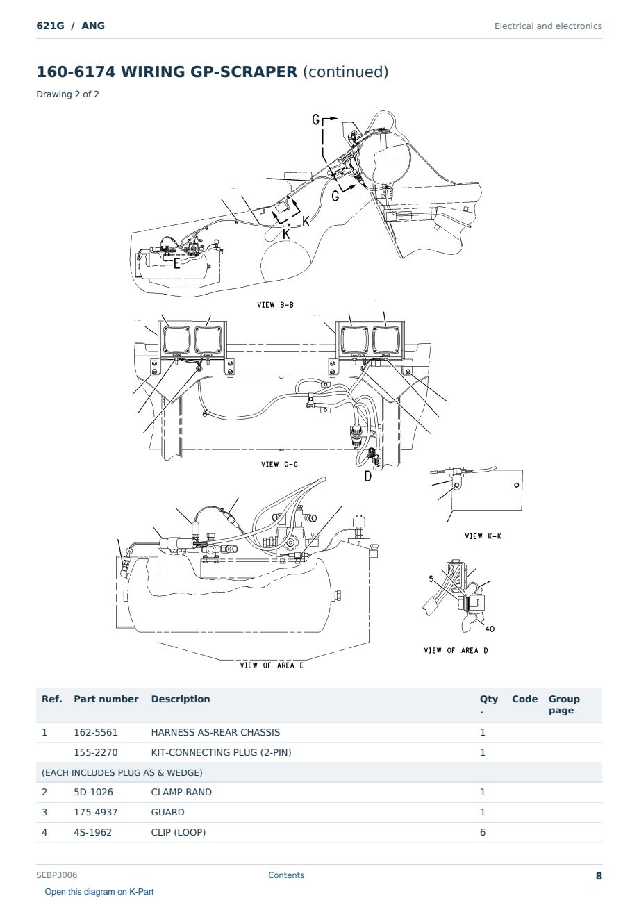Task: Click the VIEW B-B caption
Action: click(275, 305)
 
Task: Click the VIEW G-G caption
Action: click(279, 465)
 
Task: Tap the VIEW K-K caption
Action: click(483, 536)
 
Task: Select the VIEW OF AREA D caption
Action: click(456, 650)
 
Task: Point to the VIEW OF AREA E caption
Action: click(272, 665)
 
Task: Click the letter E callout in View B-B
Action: click(176, 264)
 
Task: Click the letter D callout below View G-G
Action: click(367, 477)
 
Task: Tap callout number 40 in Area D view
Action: click(490, 629)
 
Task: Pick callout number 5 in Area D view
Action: click(431, 579)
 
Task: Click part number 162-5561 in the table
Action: click(96, 733)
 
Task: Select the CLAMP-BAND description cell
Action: click(181, 792)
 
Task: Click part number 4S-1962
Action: click(93, 832)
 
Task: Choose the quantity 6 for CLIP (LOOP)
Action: click(483, 832)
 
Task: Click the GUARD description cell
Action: click(167, 812)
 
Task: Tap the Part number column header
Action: click(106, 699)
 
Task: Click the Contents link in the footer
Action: click(286, 875)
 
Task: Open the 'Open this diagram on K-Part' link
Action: click(99, 892)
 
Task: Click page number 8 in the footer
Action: click(599, 876)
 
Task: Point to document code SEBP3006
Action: click(57, 875)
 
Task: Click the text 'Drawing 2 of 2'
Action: click(68, 94)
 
